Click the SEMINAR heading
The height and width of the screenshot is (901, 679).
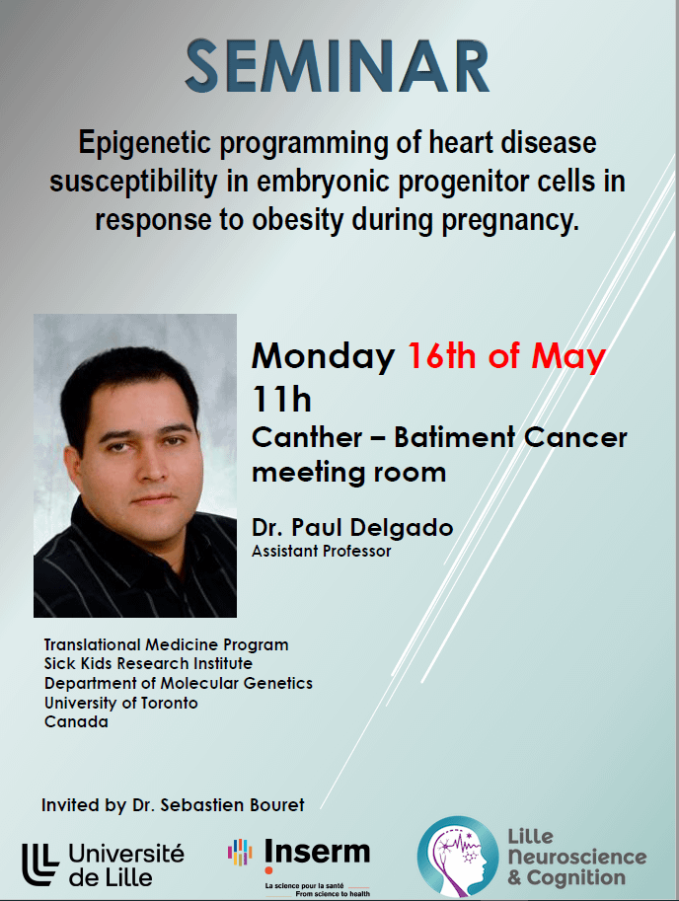click(x=338, y=66)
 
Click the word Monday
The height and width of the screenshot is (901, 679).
click(x=324, y=357)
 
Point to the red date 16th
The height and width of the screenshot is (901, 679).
click(x=442, y=355)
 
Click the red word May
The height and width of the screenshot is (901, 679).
click(x=568, y=357)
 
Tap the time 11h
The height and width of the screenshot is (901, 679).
click(x=281, y=399)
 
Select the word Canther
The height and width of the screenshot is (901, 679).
click(x=307, y=438)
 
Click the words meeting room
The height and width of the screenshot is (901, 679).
click(x=348, y=473)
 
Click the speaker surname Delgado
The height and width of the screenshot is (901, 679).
click(x=401, y=527)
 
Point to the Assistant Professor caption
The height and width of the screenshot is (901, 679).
click(x=321, y=551)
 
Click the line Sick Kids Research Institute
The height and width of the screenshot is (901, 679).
click(x=148, y=664)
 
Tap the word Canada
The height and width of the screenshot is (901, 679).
click(x=76, y=721)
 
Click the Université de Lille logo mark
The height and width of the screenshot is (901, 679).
click(x=40, y=863)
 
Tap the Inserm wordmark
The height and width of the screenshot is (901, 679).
click(x=317, y=852)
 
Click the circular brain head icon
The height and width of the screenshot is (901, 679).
click(x=457, y=857)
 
